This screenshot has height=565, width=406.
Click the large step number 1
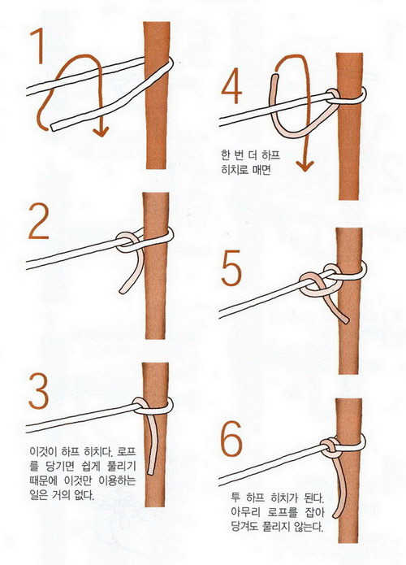(38, 46)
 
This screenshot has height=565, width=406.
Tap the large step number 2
(38, 221)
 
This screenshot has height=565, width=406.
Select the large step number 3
(38, 390)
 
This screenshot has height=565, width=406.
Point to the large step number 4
(231, 85)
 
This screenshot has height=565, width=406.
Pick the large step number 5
(231, 267)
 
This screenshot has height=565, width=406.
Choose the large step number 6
(231, 439)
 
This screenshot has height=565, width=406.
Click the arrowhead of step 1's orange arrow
(101, 131)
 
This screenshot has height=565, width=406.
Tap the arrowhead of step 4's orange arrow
(304, 166)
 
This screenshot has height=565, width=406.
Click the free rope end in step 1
(54, 127)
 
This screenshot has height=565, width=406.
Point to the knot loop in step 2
(128, 242)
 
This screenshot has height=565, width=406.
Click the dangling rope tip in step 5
(346, 320)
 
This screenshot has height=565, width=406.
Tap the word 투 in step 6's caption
(235, 498)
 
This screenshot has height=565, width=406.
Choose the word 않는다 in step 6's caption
(309, 527)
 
